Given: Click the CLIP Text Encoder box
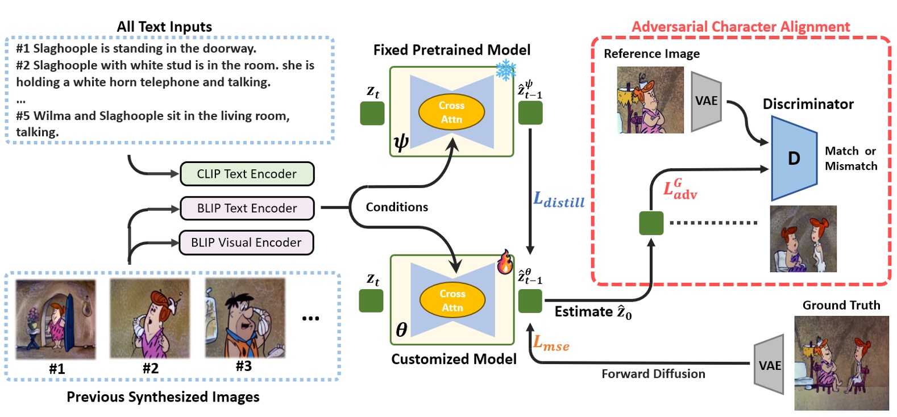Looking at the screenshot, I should pyautogui.click(x=247, y=174).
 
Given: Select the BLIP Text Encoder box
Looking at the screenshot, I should pyautogui.click(x=247, y=208).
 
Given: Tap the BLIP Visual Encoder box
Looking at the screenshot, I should pyautogui.click(x=246, y=243).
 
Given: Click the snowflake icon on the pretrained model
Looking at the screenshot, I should pyautogui.click(x=505, y=70).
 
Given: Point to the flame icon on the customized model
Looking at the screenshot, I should pyautogui.click(x=504, y=262).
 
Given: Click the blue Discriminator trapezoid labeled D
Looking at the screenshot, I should pyautogui.click(x=794, y=158).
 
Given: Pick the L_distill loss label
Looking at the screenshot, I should pyautogui.click(x=558, y=200).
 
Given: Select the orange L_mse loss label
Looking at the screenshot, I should pyautogui.click(x=550, y=343).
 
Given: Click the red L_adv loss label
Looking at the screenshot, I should pyautogui.click(x=680, y=189).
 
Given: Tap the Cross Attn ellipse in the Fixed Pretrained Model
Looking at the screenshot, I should pyautogui.click(x=451, y=112).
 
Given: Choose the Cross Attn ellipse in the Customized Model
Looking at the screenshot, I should pyautogui.click(x=452, y=301).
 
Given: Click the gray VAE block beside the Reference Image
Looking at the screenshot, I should pyautogui.click(x=706, y=101).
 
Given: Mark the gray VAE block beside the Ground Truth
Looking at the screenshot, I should pyautogui.click(x=770, y=365).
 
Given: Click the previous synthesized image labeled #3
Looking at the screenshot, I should pyautogui.click(x=244, y=318).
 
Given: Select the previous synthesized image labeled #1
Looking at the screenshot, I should pyautogui.click(x=56, y=319).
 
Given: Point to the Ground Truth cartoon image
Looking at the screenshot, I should pyautogui.click(x=841, y=363).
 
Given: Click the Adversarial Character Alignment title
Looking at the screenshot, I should pyautogui.click(x=741, y=27).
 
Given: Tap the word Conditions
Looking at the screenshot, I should pyautogui.click(x=397, y=207).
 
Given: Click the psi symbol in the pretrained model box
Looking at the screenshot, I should pyautogui.click(x=401, y=141).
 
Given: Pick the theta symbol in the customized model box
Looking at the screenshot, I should pyautogui.click(x=401, y=330).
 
